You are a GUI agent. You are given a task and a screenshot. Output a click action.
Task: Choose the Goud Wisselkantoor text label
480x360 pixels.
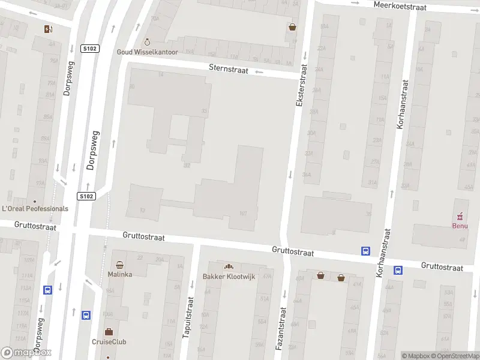pyautogui.click(x=147, y=52)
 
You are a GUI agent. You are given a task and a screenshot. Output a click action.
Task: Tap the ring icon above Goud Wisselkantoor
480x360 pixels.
pyautogui.click(x=147, y=42)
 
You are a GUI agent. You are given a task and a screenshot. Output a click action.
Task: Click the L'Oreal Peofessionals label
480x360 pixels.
pyautogui.click(x=35, y=209)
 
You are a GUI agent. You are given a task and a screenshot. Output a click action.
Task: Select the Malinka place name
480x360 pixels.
pyautogui.click(x=120, y=274)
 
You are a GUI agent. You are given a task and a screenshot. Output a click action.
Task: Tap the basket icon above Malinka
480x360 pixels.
pyautogui.click(x=120, y=264)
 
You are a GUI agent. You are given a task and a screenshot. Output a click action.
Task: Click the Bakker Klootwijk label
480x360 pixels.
pyautogui.click(x=228, y=277)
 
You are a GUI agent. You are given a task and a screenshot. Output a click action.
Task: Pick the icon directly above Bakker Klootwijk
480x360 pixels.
pyautogui.click(x=228, y=266)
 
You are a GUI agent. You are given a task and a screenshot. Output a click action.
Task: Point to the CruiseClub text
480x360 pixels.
pyautogui.click(x=109, y=342)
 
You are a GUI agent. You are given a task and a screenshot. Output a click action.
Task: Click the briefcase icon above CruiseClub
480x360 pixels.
pyautogui.click(x=109, y=331)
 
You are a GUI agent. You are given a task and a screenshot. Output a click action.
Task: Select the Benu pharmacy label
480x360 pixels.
pyautogui.click(x=460, y=226)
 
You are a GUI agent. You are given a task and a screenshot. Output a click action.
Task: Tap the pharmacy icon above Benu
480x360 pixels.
pyautogui.click(x=460, y=215)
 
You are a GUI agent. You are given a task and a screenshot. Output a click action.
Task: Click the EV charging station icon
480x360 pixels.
pyautogui.click(x=48, y=29)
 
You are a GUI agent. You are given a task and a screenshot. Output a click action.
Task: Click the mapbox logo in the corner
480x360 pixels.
pyautogui.click(x=26, y=353)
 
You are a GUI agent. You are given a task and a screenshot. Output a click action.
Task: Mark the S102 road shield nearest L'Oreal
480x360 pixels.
pyautogui.click(x=87, y=196)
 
